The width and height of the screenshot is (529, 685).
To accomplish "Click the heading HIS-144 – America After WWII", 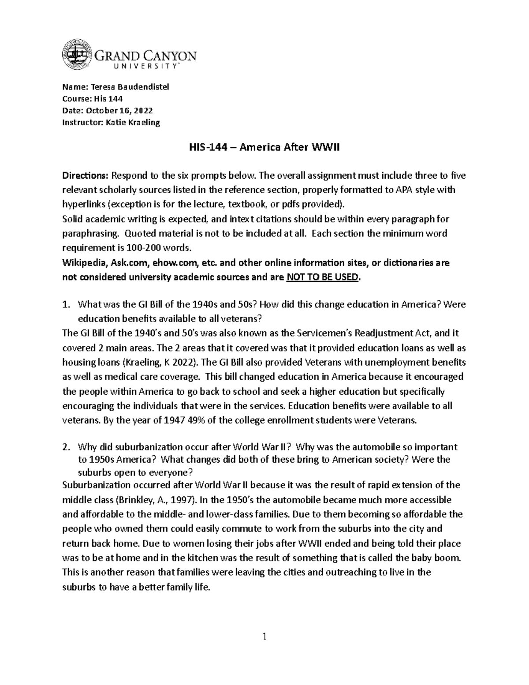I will pos(264,148).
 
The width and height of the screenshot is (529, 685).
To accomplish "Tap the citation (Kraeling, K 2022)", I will pos(160,363).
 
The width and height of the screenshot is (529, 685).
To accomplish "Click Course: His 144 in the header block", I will pos(93,99).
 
